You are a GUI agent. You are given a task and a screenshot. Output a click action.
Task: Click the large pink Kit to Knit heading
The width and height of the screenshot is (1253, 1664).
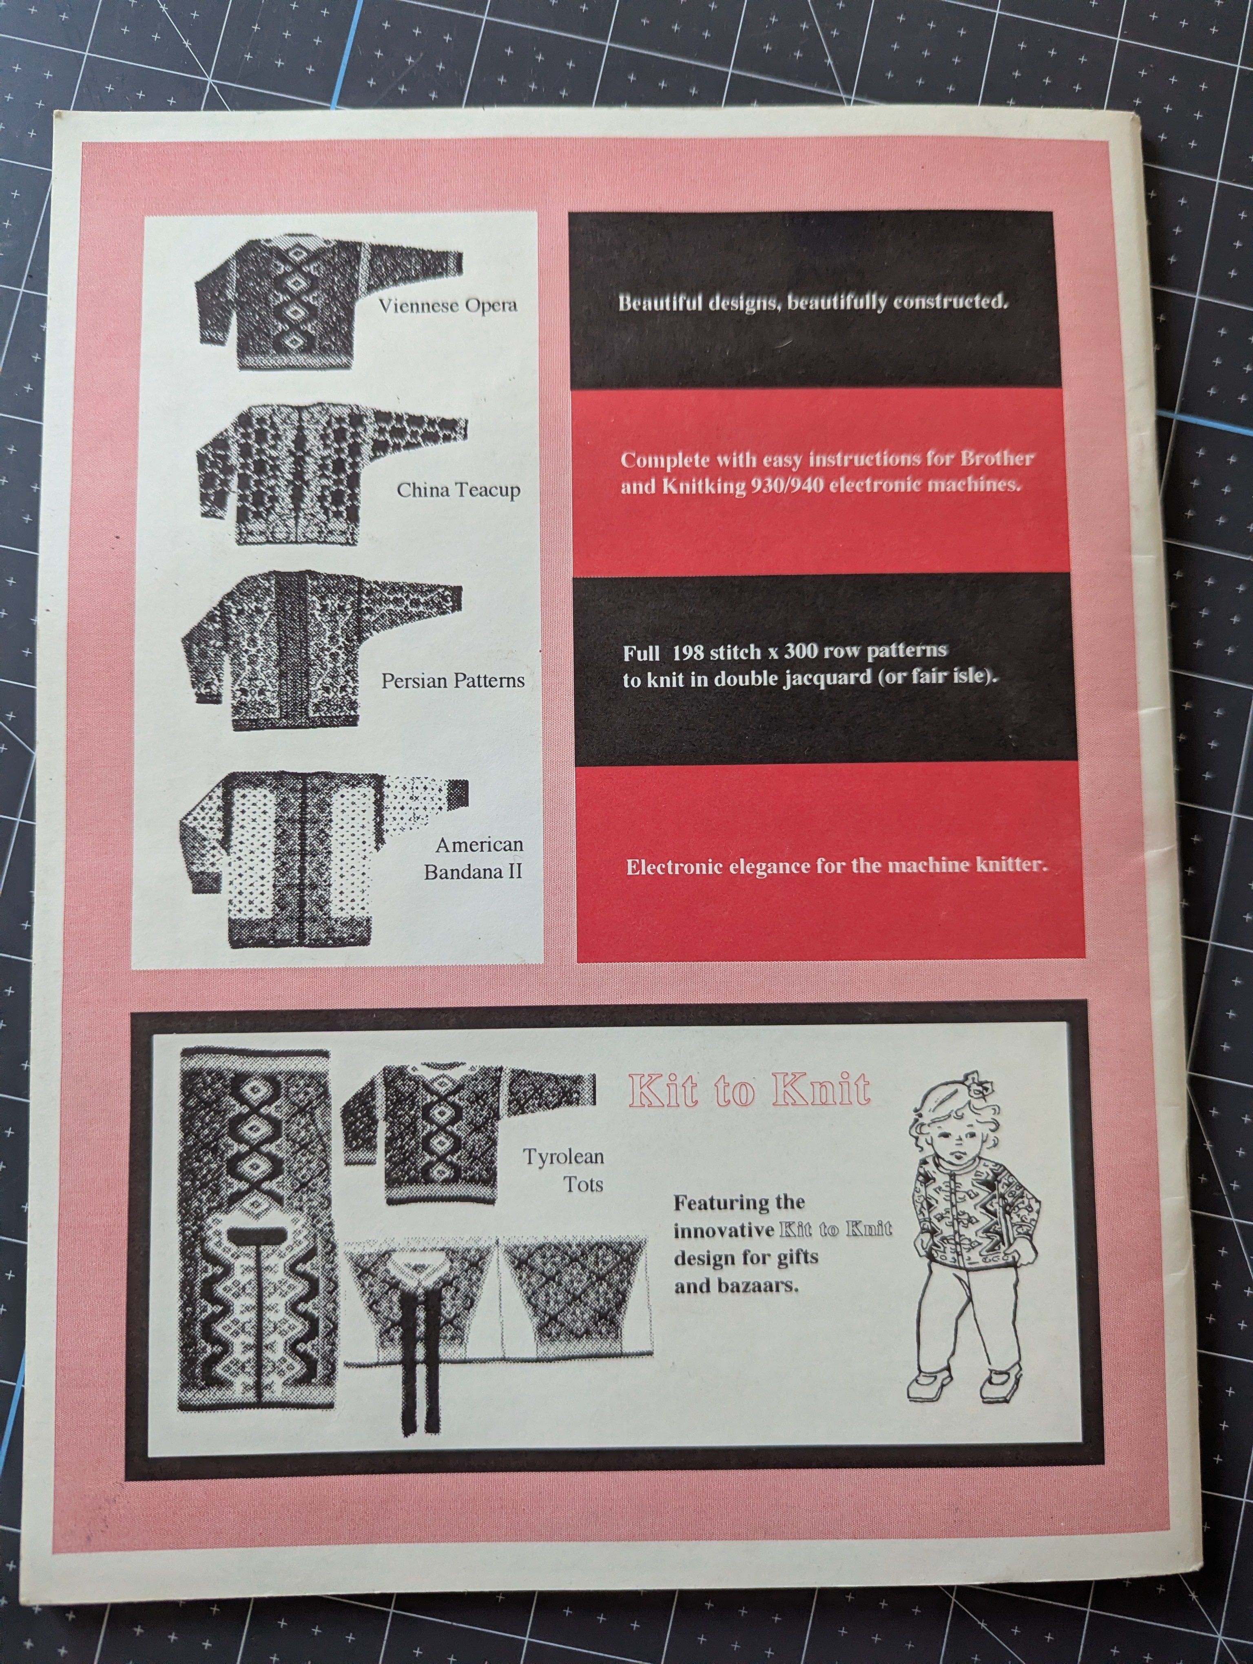click(749, 1089)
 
